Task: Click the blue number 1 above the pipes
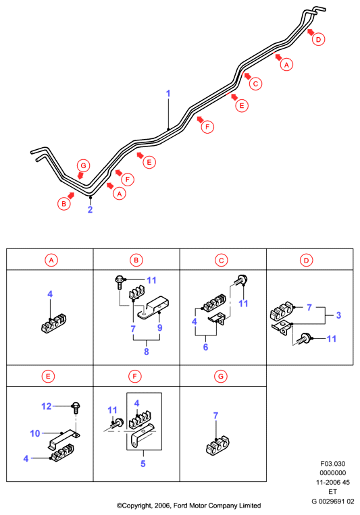(168, 94)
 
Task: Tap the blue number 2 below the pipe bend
(90, 209)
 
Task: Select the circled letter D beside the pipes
(318, 39)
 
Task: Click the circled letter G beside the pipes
(84, 165)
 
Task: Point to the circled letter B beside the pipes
(63, 204)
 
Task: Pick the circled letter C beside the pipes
(255, 84)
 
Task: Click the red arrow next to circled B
(71, 196)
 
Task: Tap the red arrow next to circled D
(310, 32)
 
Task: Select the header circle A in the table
(51, 261)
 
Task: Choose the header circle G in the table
(221, 377)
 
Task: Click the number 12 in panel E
(47, 406)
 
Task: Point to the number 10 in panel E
(35, 433)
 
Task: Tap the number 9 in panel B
(160, 327)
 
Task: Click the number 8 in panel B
(147, 352)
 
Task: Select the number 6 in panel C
(205, 347)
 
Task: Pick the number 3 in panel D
(338, 315)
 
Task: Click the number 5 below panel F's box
(143, 464)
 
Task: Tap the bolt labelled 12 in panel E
(76, 408)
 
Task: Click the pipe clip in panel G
(217, 445)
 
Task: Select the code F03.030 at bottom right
(333, 464)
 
